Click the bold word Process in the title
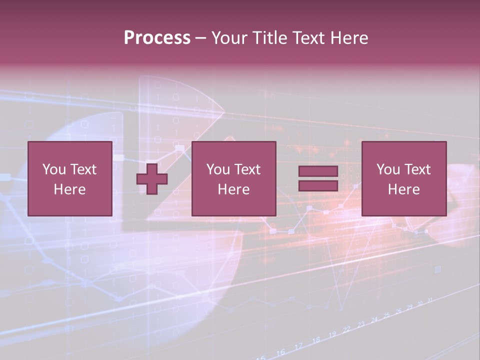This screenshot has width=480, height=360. pyautogui.click(x=157, y=38)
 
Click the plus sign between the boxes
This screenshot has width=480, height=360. pyautogui.click(x=152, y=179)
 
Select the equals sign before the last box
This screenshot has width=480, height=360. pyautogui.click(x=318, y=178)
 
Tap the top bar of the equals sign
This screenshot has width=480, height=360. pyautogui.click(x=318, y=171)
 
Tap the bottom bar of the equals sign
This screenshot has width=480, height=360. pyautogui.click(x=318, y=185)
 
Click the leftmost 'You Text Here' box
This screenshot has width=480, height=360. pyautogui.click(x=69, y=178)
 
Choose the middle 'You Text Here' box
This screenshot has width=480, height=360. pyautogui.click(x=233, y=178)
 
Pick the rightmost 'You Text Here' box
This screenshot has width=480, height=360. pyautogui.click(x=403, y=178)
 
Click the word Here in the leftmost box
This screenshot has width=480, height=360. pyautogui.click(x=69, y=189)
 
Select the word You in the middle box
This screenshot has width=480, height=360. pyautogui.click(x=218, y=169)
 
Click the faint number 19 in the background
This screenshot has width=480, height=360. pyautogui.click(x=332, y=333)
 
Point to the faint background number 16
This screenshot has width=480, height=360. pyautogui.click(x=280, y=352)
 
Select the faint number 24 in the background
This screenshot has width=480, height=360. pyautogui.click(x=374, y=319)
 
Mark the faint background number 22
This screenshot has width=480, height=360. pyautogui.click(x=346, y=329)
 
